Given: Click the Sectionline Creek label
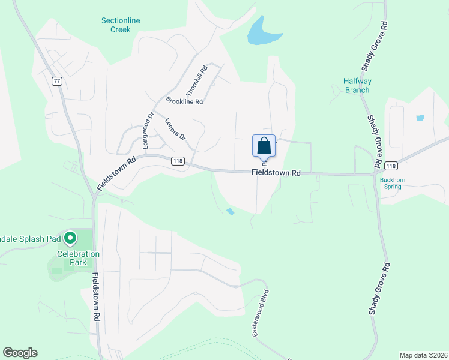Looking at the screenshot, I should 121,25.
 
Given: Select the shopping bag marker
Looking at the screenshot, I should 264,146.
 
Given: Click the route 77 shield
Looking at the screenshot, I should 57,82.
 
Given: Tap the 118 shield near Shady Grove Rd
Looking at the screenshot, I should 391,166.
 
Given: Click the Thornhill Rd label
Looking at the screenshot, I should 197,80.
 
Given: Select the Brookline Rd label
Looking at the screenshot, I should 184,101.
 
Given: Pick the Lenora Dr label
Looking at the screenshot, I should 176,128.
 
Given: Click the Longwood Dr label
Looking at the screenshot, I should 148,125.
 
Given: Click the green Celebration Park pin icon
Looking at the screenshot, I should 70,239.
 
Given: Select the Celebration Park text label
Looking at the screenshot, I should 78,259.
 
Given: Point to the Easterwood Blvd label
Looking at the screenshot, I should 259,316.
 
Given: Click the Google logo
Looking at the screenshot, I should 20,353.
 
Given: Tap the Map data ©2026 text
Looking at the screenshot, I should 423,355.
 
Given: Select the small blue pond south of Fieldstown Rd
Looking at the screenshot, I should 231,211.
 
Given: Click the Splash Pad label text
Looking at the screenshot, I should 30,239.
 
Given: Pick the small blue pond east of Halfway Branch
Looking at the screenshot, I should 420,118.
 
